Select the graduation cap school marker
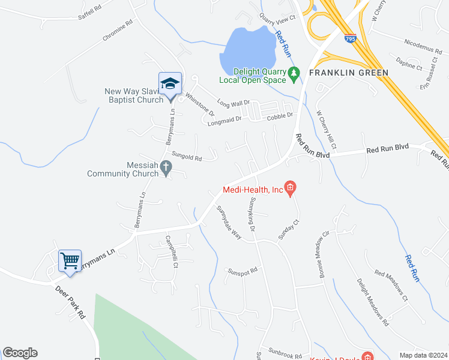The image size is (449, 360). pyautogui.click(x=170, y=83)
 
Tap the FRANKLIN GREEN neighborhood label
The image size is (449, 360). pyautogui.click(x=348, y=73)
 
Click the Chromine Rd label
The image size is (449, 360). pyautogui.click(x=117, y=31)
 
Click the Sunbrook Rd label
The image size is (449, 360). pyautogui.click(x=285, y=355)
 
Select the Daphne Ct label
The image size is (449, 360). pyautogui.click(x=411, y=64)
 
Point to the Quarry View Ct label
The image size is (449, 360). pyautogui.click(x=277, y=19)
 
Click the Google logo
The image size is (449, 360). pyautogui.click(x=20, y=353)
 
